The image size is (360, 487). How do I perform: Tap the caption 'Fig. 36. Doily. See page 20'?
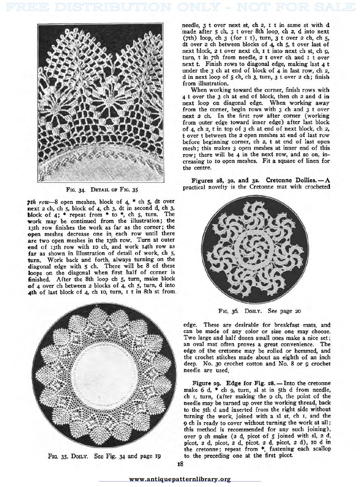[260, 311]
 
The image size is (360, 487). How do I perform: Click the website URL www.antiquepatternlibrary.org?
[180, 479]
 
